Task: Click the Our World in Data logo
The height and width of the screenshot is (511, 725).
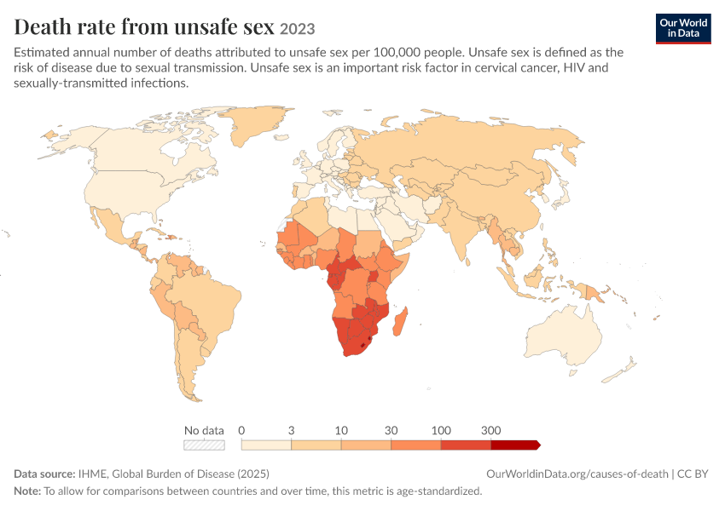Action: pos(683,29)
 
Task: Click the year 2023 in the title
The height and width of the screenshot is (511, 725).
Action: pos(298,29)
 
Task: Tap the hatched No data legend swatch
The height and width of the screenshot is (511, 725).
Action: pos(204,445)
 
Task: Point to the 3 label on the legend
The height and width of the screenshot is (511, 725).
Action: pos(292,430)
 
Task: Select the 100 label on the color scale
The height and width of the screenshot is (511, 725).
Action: pos(441,430)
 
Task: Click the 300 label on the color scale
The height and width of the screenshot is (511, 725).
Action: pos(490,430)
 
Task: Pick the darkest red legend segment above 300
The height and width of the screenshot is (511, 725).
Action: pos(515,445)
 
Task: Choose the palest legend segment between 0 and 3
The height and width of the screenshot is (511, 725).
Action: pos(266,445)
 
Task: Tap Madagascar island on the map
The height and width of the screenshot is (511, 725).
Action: pos(400,322)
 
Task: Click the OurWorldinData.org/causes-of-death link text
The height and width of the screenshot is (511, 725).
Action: pos(577,474)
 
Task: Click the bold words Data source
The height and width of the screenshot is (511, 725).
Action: pos(44,474)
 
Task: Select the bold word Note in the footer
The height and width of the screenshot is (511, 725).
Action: pos(27,491)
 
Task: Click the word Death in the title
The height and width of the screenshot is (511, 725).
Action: pos(43,26)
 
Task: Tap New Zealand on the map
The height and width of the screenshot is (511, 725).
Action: pos(620,370)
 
